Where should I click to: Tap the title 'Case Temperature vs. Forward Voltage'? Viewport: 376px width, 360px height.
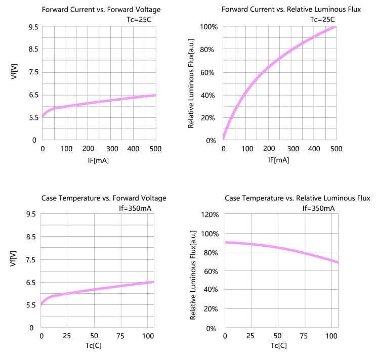point(104,198)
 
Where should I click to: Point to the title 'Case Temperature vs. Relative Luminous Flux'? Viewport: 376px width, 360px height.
point(298,198)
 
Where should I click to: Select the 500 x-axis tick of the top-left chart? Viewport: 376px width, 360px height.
point(155,149)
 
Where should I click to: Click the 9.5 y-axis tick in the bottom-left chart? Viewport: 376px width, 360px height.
point(31,214)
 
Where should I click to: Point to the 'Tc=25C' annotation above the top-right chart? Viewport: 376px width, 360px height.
point(322,20)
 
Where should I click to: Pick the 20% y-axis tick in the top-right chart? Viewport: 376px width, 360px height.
point(210,118)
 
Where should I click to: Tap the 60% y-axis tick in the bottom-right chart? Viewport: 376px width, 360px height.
point(210,272)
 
